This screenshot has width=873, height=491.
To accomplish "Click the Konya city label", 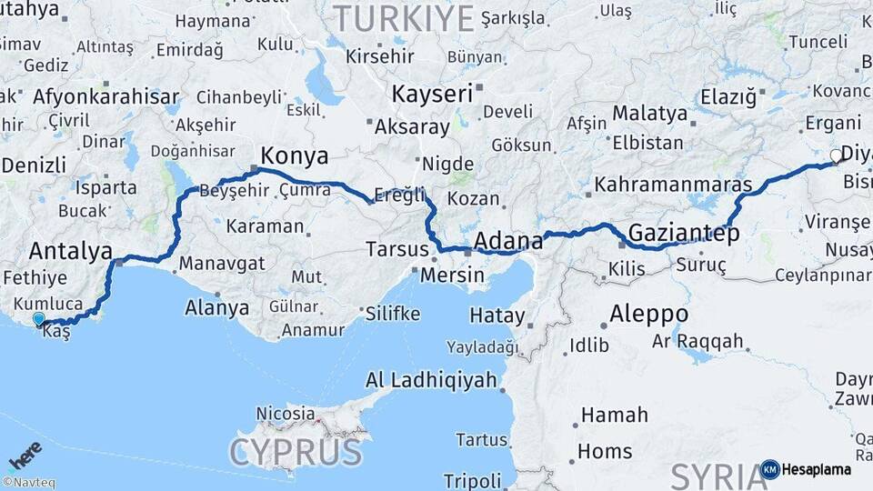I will click(x=295, y=155).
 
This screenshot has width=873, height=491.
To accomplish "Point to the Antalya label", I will click(x=71, y=250).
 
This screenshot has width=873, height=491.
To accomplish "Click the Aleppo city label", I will click(x=648, y=315).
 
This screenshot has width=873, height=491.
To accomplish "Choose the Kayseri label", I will click(x=432, y=94).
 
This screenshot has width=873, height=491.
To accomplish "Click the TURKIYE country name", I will click(x=405, y=17).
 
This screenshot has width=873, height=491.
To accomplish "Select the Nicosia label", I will click(x=285, y=414).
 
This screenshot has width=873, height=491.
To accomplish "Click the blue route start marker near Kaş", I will click(x=38, y=319).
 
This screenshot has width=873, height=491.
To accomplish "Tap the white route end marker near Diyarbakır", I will click(x=837, y=156).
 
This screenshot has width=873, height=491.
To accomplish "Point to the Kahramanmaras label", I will click(x=673, y=185).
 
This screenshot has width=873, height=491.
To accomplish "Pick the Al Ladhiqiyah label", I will click(x=431, y=380).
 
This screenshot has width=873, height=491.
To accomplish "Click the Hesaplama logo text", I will click(x=817, y=469).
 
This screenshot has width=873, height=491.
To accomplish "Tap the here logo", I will click(x=25, y=453).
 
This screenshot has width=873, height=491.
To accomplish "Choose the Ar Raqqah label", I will click(x=698, y=342).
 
